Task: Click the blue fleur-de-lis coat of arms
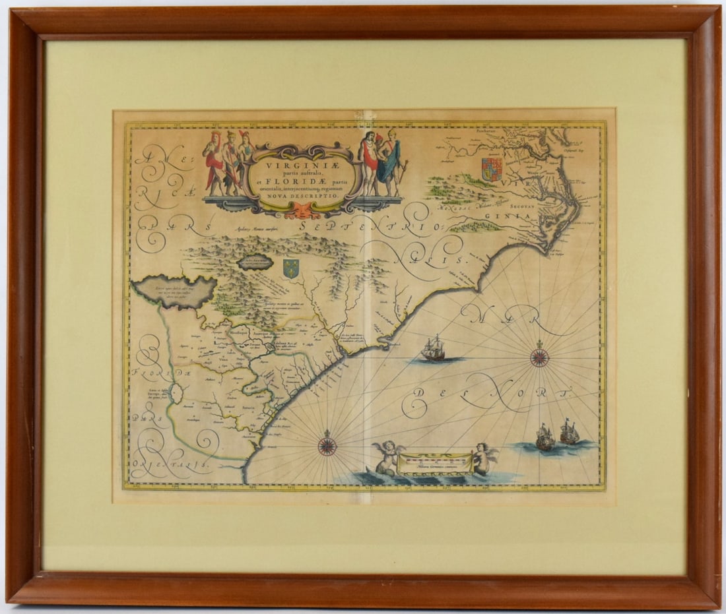pos(290,268)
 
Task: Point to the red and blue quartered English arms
pos(492,169)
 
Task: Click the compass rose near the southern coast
pos(327,446)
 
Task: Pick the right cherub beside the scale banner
pos(486,458)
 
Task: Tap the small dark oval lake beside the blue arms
pos(255,262)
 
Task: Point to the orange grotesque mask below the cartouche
pos(299,210)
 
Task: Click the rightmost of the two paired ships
pos(570,433)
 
